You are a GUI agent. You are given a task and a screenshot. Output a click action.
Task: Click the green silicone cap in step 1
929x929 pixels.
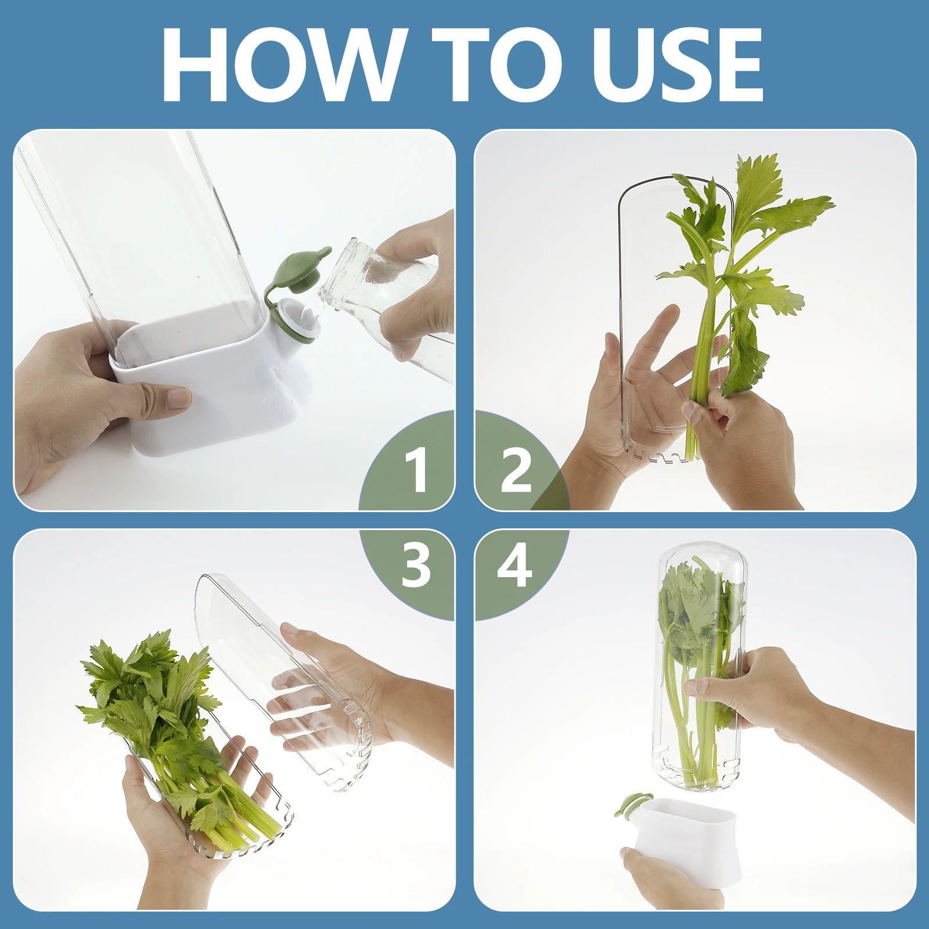pos(302,270)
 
